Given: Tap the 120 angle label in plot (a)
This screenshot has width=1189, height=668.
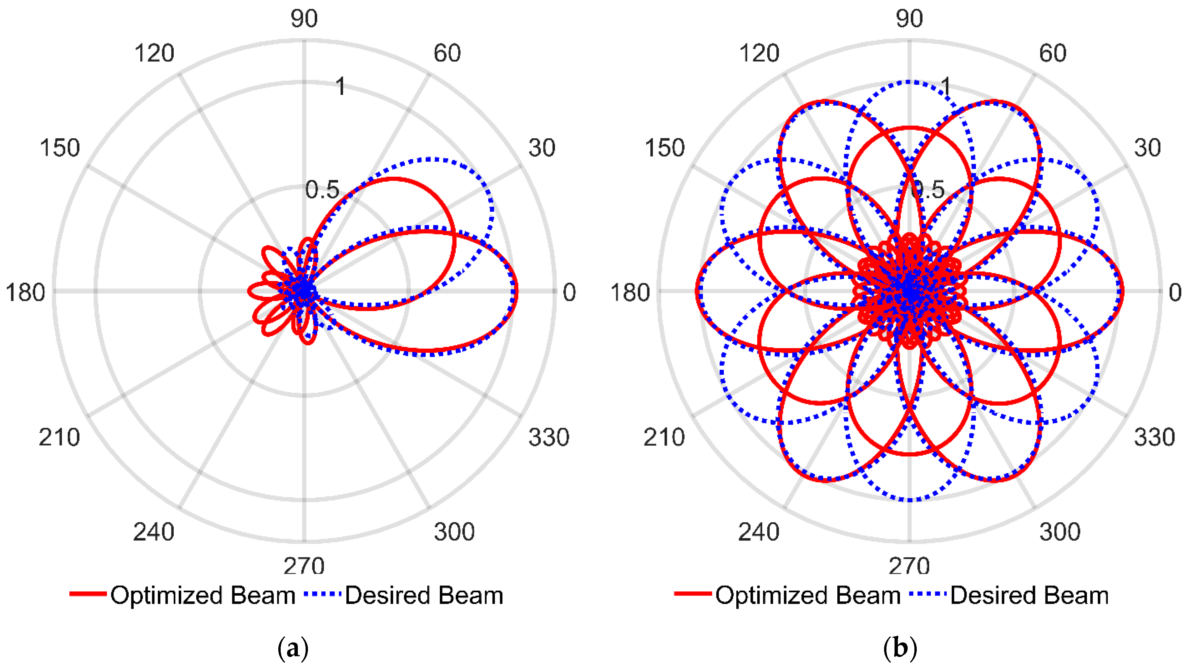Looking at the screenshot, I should (154, 53).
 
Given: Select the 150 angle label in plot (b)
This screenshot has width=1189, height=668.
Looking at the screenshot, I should (664, 148).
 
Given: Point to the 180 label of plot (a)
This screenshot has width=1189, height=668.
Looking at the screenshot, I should (25, 293).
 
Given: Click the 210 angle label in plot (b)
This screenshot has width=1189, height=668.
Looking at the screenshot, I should (664, 437).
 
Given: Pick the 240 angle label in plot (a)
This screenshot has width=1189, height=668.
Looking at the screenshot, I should (154, 532).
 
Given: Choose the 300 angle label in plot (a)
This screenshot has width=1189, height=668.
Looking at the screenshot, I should (454, 532).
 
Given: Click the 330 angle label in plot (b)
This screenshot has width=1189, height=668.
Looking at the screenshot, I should (1154, 437).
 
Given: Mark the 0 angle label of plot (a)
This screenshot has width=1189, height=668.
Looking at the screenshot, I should (569, 293).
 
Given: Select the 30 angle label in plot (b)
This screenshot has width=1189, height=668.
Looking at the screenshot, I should (1148, 148).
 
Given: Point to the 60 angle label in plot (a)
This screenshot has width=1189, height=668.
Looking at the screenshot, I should (447, 53).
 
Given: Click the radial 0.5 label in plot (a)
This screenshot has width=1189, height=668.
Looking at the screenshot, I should (322, 190).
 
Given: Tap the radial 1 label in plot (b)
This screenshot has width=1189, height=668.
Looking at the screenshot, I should (946, 86).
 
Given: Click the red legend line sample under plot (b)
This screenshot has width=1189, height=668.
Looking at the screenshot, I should (692, 594).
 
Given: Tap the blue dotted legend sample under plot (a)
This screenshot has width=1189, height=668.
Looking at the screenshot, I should (323, 594).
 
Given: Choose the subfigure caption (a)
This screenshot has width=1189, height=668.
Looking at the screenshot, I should (293, 648).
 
